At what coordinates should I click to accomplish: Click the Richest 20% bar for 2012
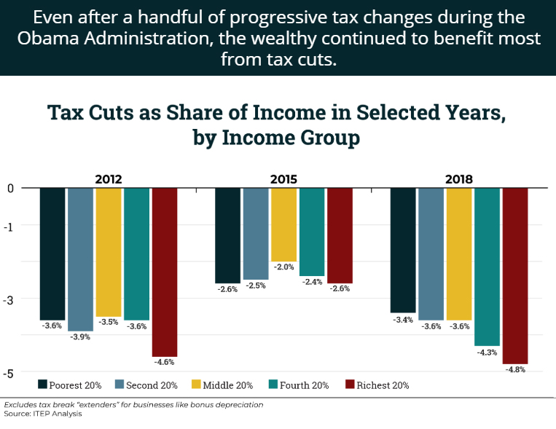click(165, 272)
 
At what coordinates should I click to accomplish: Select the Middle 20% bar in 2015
click(283, 224)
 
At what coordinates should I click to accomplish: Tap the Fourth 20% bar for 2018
click(487, 266)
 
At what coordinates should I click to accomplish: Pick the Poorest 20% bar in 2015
click(227, 235)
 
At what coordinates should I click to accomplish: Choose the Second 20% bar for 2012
click(80, 259)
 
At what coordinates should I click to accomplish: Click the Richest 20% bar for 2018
click(515, 275)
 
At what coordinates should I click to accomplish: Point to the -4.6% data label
click(165, 362)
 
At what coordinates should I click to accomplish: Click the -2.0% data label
click(283, 267)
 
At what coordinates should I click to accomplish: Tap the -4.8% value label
click(515, 369)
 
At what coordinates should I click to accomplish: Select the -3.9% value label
click(80, 337)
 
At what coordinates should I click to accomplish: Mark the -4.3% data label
click(487, 352)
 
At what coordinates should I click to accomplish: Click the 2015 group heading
click(283, 179)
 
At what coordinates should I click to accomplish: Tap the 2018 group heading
click(459, 179)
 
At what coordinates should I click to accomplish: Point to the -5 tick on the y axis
click(9, 374)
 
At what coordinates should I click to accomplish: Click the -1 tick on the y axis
click(9, 225)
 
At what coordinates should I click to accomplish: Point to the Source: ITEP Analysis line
click(43, 414)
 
